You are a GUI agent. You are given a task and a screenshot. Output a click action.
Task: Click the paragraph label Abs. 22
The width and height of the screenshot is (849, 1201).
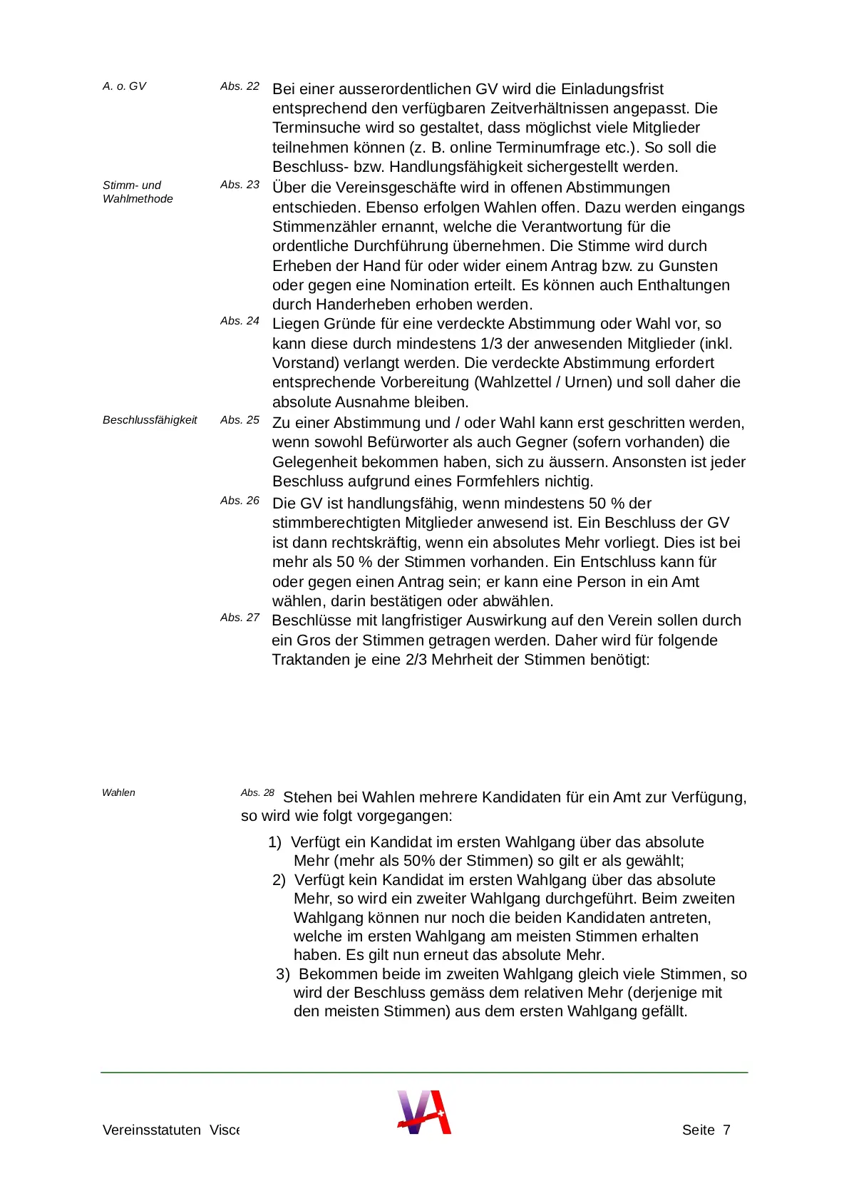240,86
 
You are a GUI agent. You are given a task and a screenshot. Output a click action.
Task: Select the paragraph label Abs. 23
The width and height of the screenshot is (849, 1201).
240,185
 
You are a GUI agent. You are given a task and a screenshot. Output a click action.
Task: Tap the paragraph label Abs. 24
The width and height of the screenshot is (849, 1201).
240,321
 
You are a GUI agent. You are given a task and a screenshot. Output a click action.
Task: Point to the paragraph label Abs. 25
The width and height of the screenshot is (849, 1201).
240,420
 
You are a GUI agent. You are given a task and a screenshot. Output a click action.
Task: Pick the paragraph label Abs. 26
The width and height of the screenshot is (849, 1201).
240,501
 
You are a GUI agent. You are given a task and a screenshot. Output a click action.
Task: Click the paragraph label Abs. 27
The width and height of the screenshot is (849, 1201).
240,618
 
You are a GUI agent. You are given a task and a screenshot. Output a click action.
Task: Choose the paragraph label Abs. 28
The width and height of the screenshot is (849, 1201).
257,793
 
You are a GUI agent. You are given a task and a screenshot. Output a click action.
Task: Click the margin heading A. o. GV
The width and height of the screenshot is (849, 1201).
124,86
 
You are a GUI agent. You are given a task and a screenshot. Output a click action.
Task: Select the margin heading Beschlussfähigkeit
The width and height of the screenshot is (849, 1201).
150,420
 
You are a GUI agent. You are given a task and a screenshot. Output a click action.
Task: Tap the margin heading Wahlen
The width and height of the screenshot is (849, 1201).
118,793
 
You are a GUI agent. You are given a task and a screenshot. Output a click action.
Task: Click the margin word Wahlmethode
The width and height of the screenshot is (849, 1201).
138,199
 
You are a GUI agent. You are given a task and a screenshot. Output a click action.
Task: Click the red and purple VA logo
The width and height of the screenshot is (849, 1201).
424,1112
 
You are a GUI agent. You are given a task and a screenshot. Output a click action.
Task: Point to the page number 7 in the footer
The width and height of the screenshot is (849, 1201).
726,1130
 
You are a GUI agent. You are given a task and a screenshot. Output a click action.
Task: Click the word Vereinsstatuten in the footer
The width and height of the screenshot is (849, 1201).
152,1130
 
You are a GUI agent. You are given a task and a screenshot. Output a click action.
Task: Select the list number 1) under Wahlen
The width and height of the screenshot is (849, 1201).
274,842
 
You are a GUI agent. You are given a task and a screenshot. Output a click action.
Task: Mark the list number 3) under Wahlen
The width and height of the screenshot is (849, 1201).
282,974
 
